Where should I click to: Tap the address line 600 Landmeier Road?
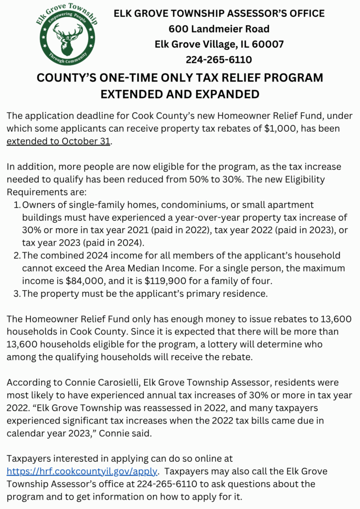(219, 29)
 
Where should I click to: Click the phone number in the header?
(219, 60)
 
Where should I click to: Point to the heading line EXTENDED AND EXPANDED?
(180, 93)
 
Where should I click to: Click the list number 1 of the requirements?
(17, 205)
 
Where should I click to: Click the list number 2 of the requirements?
(17, 255)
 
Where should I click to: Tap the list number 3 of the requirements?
(17, 294)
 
